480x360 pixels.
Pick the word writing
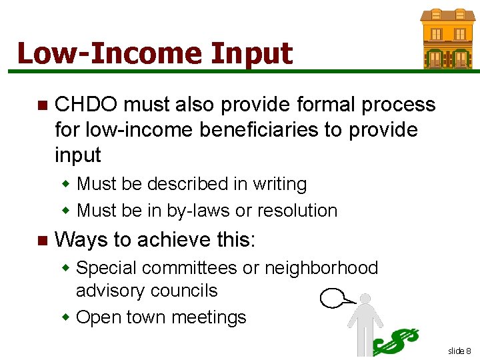(275, 184)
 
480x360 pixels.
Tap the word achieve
(172, 239)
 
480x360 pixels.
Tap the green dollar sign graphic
(397, 341)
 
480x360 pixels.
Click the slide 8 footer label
(459, 351)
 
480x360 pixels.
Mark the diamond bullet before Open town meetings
(67, 317)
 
